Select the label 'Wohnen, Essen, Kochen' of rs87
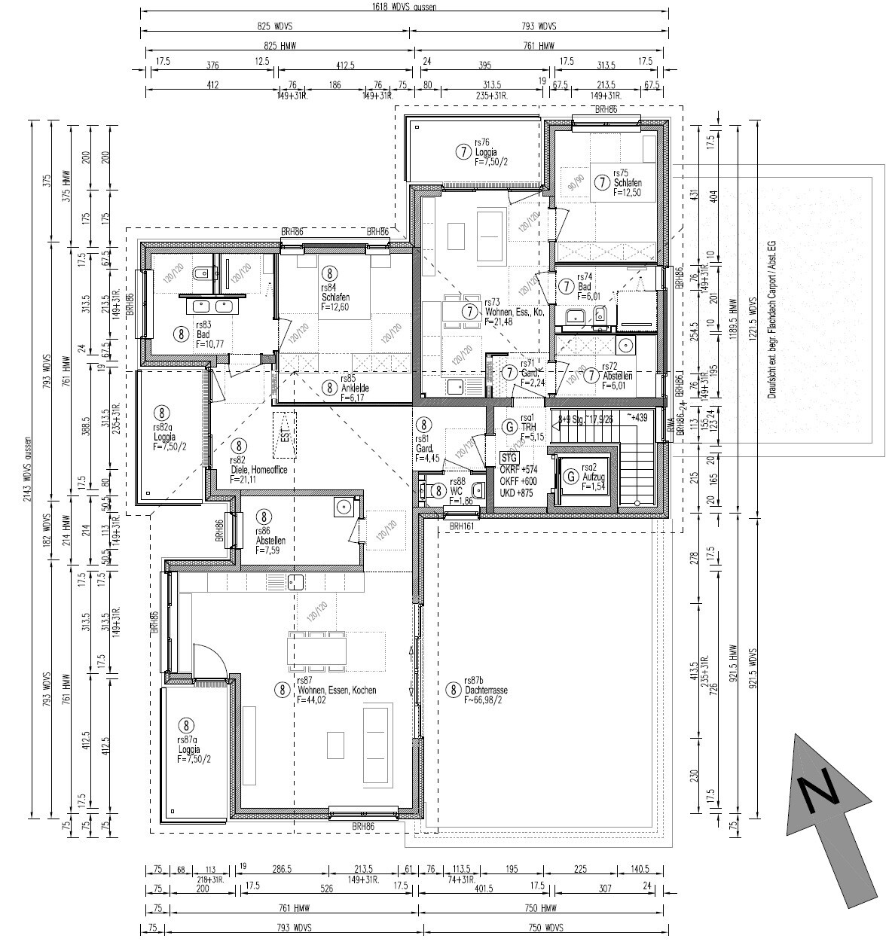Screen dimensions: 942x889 336,690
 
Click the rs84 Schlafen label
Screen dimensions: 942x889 335,297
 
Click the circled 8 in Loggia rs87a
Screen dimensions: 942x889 186,725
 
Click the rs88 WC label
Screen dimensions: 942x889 457,490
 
